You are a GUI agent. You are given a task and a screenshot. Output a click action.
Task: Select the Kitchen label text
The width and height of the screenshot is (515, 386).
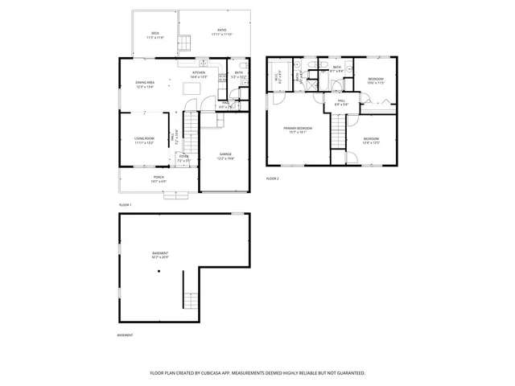click(199, 73)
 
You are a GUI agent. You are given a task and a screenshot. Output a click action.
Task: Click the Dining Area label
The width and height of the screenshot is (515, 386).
click(146, 84)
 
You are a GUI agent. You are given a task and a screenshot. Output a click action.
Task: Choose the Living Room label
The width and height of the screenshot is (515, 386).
click(145, 141)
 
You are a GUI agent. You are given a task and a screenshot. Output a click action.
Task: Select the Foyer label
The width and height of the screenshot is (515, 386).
click(183, 158)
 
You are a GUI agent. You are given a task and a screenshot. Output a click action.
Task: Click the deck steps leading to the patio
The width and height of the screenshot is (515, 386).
click(184, 43)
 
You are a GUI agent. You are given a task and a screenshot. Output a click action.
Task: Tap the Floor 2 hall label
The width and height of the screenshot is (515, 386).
click(341, 102)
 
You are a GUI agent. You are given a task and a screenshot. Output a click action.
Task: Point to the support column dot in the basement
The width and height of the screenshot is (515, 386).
click(159, 271)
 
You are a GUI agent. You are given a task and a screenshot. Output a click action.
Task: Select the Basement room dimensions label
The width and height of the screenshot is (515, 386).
click(160, 258)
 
